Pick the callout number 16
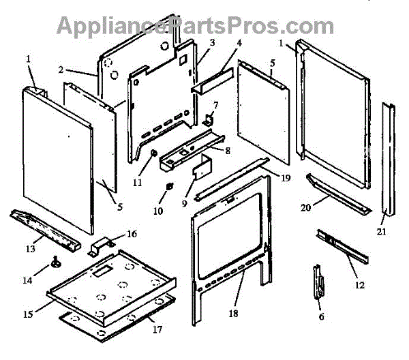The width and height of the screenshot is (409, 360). (x=132, y=233)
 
